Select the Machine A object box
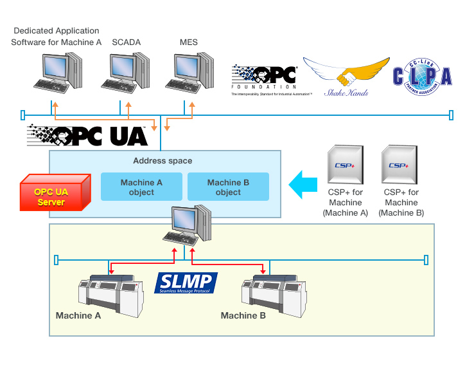141,187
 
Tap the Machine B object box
228,187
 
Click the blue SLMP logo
187,283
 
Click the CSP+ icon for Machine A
347,165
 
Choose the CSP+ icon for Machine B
401,165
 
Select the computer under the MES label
189,71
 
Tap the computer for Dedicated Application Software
59,71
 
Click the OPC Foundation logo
264,80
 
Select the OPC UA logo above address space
87,136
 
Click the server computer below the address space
187,225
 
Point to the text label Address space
162,160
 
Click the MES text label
189,42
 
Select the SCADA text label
127,42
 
